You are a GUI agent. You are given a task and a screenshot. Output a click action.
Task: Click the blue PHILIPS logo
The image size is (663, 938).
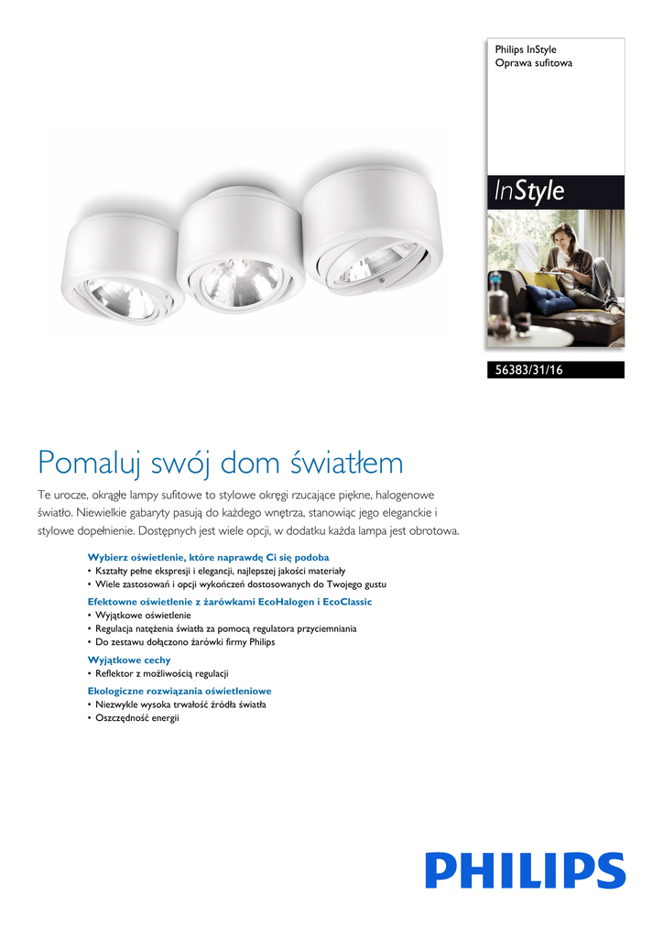525,869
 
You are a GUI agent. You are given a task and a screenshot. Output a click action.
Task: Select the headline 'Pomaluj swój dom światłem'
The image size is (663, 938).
220,463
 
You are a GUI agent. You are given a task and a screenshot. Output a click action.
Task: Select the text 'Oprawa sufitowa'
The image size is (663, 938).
534,64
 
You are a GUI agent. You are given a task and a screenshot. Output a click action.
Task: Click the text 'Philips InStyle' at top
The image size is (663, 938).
526,49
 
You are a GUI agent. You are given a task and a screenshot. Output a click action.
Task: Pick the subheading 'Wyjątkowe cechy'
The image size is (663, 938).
129,660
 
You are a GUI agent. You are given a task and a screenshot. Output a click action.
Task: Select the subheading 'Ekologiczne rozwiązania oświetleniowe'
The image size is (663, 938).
179,691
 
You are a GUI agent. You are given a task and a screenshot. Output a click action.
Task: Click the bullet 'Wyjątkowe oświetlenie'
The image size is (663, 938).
143,616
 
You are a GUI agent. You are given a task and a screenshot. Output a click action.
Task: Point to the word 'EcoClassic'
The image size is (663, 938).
346,602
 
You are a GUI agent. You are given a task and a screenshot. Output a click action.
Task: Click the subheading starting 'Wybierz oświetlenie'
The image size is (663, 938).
208,557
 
